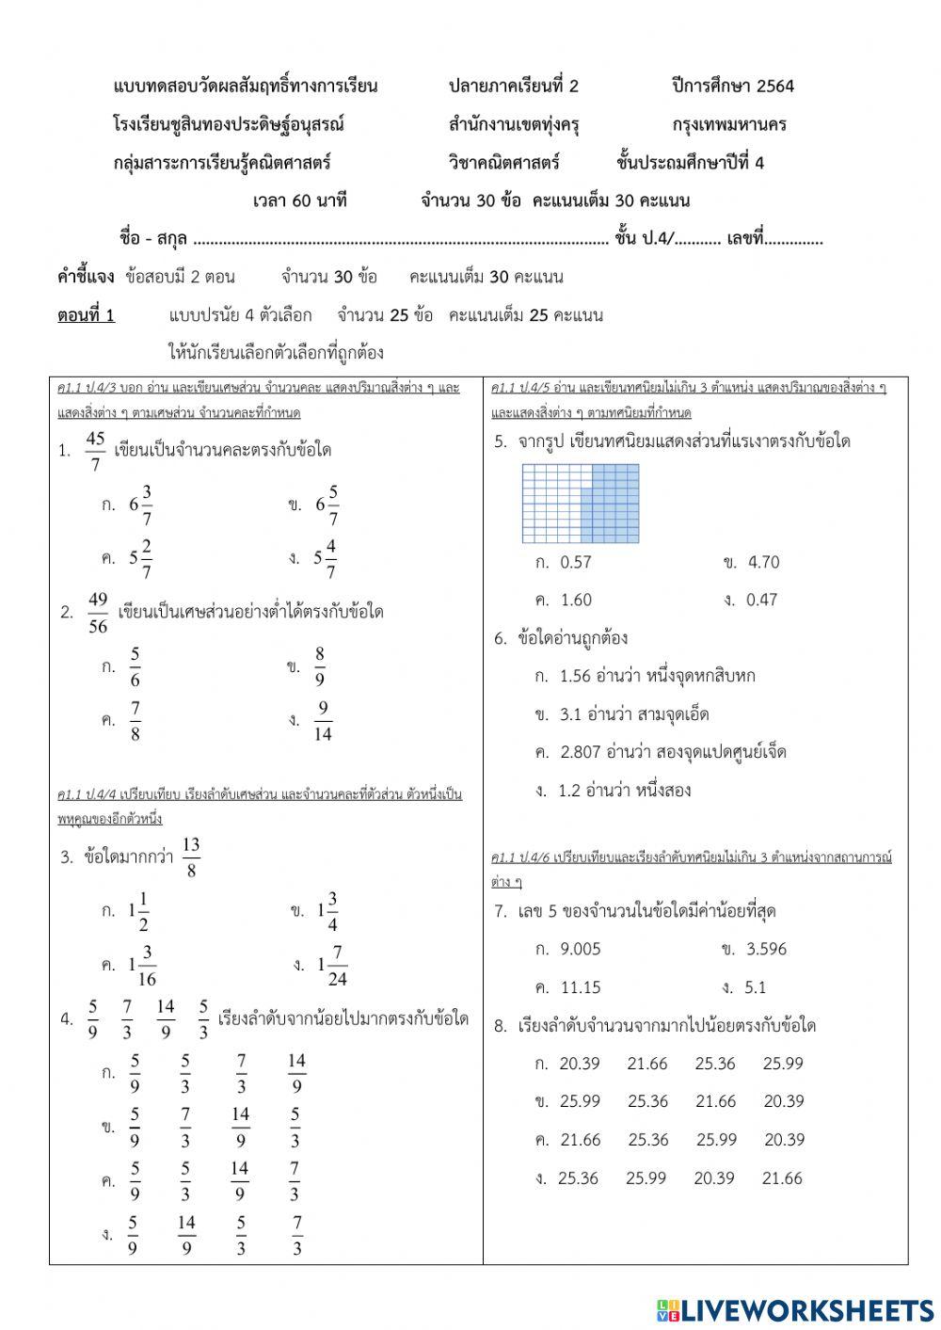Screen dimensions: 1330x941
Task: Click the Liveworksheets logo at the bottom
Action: click(x=795, y=1309)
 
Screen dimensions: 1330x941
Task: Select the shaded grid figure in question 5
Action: click(x=581, y=505)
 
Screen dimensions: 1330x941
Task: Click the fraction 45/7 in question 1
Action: click(x=95, y=451)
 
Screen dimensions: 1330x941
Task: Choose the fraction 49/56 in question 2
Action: click(x=98, y=613)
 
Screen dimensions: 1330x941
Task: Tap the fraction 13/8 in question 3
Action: click(x=191, y=857)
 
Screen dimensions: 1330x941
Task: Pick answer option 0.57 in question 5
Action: click(x=575, y=562)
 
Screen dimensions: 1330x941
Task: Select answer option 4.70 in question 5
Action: click(x=763, y=562)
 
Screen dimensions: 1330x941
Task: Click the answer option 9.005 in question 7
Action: click(x=580, y=949)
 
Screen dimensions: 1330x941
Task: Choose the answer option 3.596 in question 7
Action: click(x=766, y=949)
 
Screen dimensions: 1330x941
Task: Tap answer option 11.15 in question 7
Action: click(x=581, y=987)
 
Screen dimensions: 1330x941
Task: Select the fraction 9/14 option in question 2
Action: click(x=323, y=721)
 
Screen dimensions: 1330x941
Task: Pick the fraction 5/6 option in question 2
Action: click(x=135, y=667)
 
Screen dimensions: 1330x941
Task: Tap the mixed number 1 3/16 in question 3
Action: click(x=142, y=965)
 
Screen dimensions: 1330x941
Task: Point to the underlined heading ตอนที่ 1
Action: click(x=86, y=315)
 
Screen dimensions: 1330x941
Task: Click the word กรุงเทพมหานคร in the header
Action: click(x=729, y=124)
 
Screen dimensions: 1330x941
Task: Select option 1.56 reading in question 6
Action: click(x=657, y=676)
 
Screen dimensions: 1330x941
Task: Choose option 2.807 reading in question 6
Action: click(x=673, y=752)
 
